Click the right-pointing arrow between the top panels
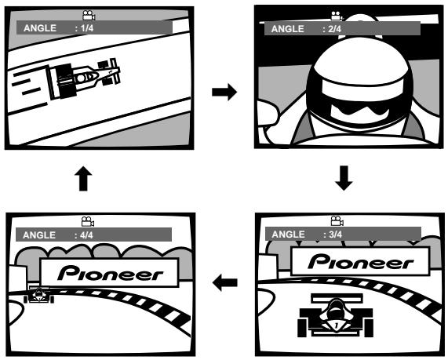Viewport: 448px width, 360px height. pos(224,92)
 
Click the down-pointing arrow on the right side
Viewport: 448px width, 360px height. pos(344,178)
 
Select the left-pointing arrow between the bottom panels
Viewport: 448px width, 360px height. pos(225,282)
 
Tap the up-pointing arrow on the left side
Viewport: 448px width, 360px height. pos(83,178)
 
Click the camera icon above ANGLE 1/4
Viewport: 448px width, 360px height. pos(89,16)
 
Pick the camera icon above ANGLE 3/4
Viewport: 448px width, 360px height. pos(337,221)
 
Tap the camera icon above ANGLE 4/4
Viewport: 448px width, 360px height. pos(88,222)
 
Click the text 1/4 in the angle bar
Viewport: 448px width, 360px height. pos(87,28)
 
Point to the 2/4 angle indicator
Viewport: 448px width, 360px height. pos(334,29)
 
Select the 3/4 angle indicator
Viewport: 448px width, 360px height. pos(336,235)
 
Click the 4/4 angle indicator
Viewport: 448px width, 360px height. pos(86,235)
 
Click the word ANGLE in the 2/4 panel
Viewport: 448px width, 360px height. pos(287,29)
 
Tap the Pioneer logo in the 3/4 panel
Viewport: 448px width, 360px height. pos(361,262)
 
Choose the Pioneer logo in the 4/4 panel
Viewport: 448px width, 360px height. pos(111,273)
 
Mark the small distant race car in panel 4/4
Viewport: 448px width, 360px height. pos(39,294)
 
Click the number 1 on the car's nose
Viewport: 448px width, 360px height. pos(337,325)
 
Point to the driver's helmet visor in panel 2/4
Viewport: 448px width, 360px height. pos(359,111)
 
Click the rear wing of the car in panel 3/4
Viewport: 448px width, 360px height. pos(337,298)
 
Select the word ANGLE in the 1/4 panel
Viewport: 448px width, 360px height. pos(40,28)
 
